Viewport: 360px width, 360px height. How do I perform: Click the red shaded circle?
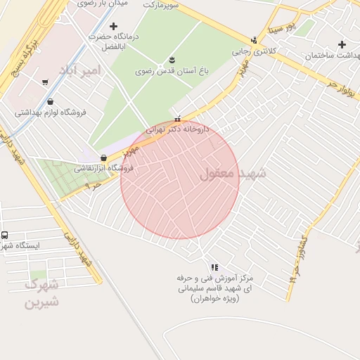tap(180, 180)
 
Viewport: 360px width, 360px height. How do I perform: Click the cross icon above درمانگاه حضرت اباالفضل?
tap(113, 26)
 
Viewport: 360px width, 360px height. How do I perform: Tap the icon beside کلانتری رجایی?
tap(254, 40)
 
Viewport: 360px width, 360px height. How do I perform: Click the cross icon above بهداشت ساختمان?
tap(342, 44)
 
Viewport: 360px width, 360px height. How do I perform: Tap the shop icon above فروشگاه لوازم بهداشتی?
tap(50, 101)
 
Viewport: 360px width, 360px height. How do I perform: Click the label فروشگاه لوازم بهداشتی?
tap(50, 112)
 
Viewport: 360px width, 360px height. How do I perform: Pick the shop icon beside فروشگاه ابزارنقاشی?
tap(104, 157)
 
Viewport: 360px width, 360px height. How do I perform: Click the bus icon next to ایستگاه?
tap(5, 235)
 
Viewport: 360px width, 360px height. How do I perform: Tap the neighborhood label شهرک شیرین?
tap(41, 294)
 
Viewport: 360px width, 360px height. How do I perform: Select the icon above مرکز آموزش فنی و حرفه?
tap(214, 267)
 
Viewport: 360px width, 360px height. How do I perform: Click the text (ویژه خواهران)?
tap(214, 299)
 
